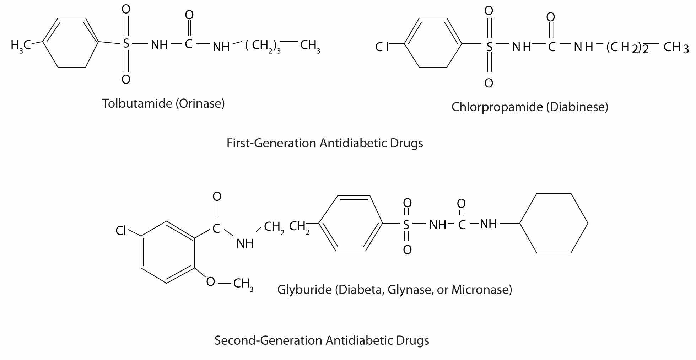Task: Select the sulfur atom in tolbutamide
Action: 126,44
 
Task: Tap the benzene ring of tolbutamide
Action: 71,43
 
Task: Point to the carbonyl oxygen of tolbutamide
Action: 189,15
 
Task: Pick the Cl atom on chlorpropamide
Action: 382,47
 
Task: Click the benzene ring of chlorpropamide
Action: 433,43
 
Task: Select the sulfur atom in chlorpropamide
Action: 489,47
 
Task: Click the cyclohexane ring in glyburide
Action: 554,223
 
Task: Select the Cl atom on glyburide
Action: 121,231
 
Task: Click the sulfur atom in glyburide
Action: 406,225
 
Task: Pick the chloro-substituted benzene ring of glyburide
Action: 168,252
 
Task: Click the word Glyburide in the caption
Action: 304,290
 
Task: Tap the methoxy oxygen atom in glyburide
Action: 210,282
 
